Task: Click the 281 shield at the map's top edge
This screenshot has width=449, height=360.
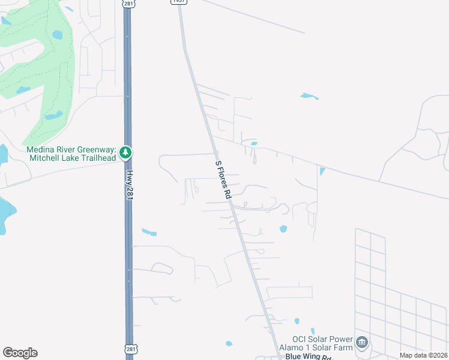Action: point(128,3)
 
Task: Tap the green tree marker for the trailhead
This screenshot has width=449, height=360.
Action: point(125,153)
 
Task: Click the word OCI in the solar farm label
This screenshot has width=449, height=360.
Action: point(300,338)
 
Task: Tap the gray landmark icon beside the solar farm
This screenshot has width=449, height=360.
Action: point(361,343)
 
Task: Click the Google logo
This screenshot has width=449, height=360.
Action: point(20,353)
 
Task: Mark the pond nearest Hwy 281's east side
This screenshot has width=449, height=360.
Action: point(148,232)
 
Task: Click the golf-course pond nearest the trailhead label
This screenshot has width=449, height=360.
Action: point(53,115)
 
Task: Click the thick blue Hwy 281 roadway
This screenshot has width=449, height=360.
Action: point(128,252)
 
